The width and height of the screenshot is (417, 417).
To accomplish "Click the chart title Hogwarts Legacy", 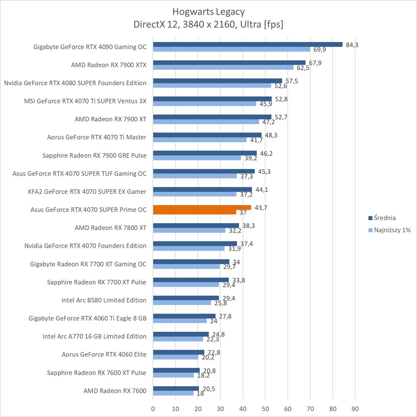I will [x=208, y=11].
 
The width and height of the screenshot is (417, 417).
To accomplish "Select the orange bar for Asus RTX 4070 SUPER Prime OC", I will [x=202, y=208].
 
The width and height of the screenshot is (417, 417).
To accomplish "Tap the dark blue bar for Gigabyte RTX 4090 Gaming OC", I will [x=248, y=44].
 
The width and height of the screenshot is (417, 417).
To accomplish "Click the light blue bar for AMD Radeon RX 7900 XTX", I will [x=223, y=67].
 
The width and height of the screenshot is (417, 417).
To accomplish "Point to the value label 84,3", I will [x=352, y=45].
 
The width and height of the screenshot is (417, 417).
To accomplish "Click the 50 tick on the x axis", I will [x=265, y=409].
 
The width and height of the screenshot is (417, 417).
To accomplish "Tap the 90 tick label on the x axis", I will [x=355, y=409].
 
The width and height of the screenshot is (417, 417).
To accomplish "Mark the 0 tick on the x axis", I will [x=153, y=409].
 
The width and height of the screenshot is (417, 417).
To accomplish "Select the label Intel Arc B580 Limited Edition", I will [x=104, y=300].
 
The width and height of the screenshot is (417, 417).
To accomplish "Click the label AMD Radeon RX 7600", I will [x=115, y=391].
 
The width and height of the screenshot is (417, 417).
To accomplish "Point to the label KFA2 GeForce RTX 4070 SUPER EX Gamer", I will [x=87, y=192].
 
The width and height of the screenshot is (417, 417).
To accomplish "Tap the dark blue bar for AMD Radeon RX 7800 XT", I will [x=196, y=225].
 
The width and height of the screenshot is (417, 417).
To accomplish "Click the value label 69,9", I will [x=320, y=50].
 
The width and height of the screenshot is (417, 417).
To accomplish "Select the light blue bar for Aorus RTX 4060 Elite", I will [x=176, y=357].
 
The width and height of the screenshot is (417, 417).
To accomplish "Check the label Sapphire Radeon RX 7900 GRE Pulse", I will [x=95, y=155].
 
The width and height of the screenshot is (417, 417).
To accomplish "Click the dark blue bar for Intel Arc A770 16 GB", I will [x=181, y=334].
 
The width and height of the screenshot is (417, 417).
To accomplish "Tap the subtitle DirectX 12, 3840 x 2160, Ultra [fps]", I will [x=208, y=24].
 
